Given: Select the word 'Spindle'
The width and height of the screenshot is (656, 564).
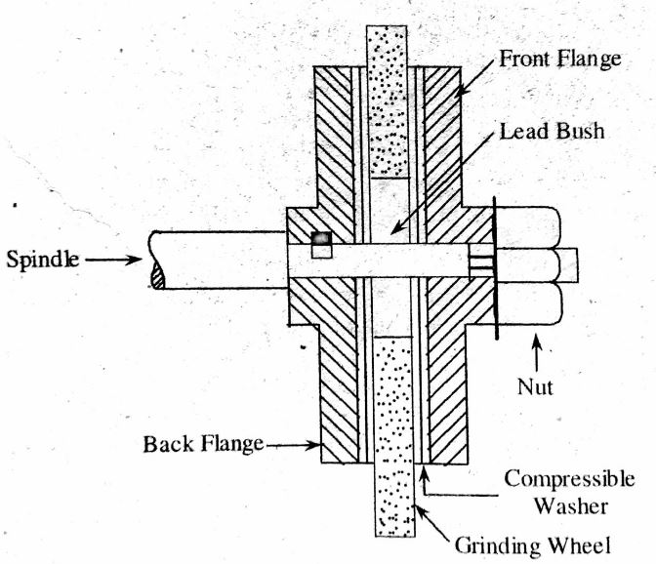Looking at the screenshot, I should (43, 262).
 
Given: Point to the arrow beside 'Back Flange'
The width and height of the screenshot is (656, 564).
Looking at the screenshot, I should (293, 446).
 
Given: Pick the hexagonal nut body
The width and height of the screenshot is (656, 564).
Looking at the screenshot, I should (528, 264).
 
